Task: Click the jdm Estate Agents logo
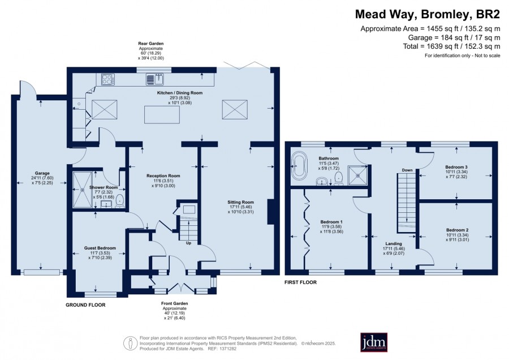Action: [374, 342]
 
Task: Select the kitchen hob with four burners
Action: [108, 79]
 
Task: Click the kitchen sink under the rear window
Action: [156, 79]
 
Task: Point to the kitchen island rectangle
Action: [162, 115]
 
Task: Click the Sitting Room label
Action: [240, 202]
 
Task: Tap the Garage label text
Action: [42, 173]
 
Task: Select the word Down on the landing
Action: [407, 170]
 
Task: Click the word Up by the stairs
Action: [188, 243]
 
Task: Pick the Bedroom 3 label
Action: [456, 167]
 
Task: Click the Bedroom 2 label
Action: [457, 230]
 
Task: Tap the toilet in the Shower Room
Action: [120, 201]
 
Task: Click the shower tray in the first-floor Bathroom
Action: [358, 175]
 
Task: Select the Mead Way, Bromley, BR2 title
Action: [428, 14]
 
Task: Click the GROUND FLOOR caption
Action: [86, 305]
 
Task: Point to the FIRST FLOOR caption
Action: [301, 282]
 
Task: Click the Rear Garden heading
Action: [151, 43]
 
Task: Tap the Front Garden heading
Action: [175, 303]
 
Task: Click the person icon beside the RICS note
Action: [131, 343]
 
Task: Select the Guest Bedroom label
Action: [100, 248]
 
